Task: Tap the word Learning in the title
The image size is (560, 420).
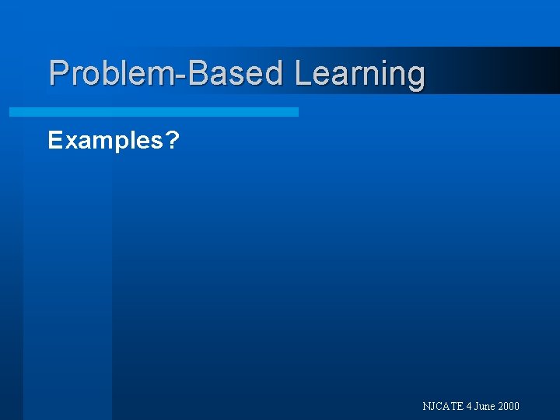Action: (359, 75)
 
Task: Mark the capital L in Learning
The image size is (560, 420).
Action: (303, 73)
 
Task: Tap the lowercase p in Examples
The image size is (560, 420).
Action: (117, 144)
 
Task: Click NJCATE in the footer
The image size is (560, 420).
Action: (442, 406)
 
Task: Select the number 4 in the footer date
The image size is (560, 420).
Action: (469, 406)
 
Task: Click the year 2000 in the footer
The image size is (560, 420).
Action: (509, 406)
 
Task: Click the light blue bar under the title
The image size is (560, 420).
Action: (153, 112)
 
